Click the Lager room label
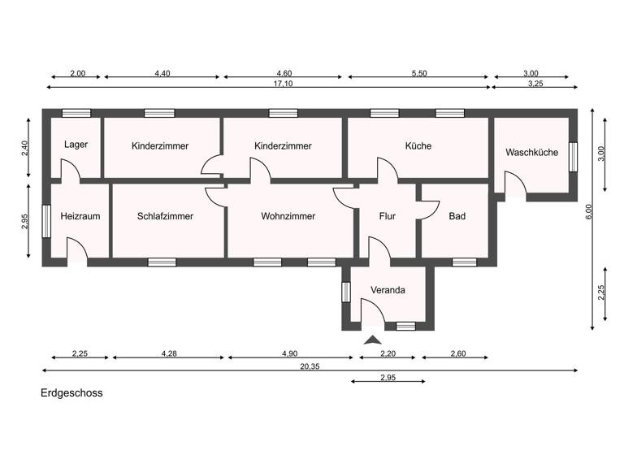(76, 145)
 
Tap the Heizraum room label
(79, 216)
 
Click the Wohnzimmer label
(288, 216)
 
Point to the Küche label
(418, 146)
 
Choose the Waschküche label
(531, 152)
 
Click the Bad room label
(457, 216)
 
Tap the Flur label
(387, 216)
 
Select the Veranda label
(388, 290)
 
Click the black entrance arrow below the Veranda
(373, 340)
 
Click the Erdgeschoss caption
(71, 392)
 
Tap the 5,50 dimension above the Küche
(418, 74)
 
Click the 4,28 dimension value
(169, 353)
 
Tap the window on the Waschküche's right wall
(573, 156)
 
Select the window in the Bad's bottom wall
(464, 262)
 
